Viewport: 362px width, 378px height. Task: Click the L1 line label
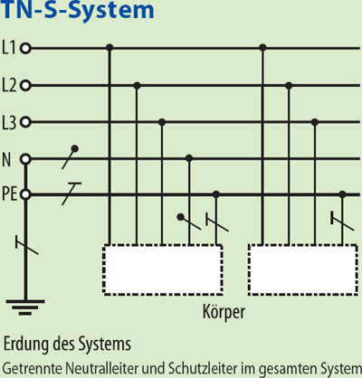(x=10, y=48)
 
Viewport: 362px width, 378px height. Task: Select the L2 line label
(x=10, y=85)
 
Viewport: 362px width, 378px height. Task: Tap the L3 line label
(x=10, y=121)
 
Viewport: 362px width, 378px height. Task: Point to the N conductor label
(x=7, y=159)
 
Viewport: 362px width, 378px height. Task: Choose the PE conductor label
(x=9, y=194)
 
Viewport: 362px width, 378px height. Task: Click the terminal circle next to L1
(x=25, y=48)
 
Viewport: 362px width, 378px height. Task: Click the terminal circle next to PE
(x=25, y=194)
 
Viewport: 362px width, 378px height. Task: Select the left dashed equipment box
(x=162, y=267)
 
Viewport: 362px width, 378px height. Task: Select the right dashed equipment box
(x=300, y=267)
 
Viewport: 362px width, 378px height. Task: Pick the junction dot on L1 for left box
(x=110, y=48)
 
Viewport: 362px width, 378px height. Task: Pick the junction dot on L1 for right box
(x=262, y=48)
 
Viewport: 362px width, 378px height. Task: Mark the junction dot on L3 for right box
(x=314, y=121)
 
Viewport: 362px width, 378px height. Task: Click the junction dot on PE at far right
(x=342, y=194)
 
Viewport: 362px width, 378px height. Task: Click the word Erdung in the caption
(x=25, y=345)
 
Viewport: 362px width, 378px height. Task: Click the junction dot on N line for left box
(x=188, y=158)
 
